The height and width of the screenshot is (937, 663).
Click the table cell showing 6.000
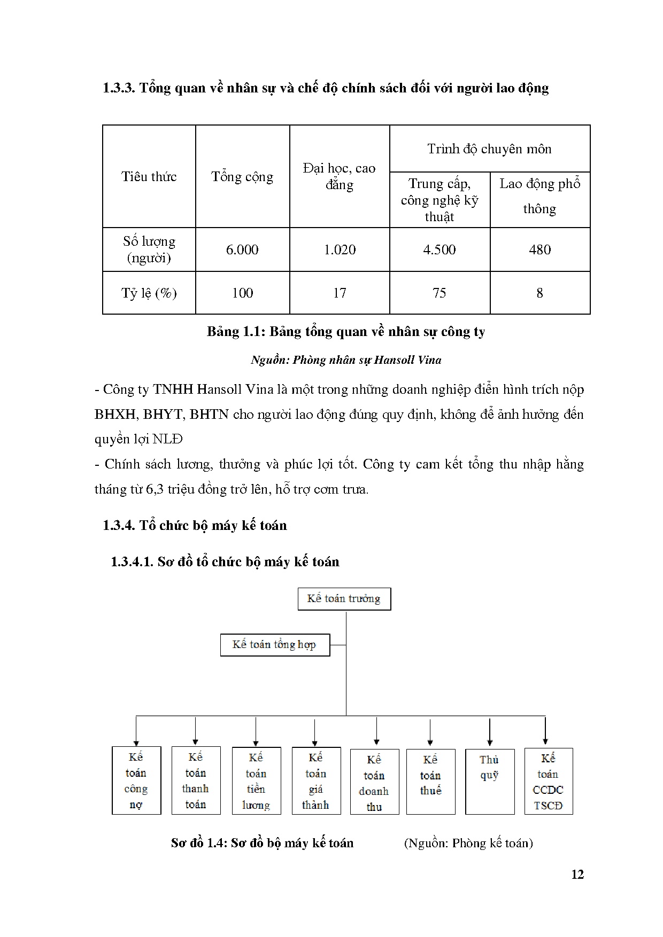pyautogui.click(x=242, y=249)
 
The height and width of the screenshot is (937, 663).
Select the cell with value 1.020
pyautogui.click(x=340, y=249)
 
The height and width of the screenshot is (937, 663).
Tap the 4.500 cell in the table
pyautogui.click(x=440, y=249)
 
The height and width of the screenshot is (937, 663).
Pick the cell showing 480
pyautogui.click(x=539, y=249)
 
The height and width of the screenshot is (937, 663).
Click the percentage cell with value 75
pyautogui.click(x=440, y=293)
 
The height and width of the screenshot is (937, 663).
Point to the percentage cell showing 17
pyautogui.click(x=340, y=293)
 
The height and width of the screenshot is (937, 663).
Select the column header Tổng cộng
pyautogui.click(x=242, y=177)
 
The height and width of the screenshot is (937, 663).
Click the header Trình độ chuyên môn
pyautogui.click(x=489, y=149)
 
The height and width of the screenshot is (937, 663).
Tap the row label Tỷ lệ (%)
pyautogui.click(x=149, y=293)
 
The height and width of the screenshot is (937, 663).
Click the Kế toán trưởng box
pyautogui.click(x=344, y=599)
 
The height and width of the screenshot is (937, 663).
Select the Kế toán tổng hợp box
pyautogui.click(x=275, y=645)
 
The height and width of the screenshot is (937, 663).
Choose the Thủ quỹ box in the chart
pyautogui.click(x=489, y=781)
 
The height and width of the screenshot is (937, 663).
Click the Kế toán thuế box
pyautogui.click(x=430, y=781)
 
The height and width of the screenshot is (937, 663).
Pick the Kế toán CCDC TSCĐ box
pyautogui.click(x=548, y=781)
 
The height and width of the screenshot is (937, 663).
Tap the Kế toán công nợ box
pyautogui.click(x=136, y=780)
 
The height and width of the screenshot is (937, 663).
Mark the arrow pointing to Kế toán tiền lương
pyautogui.click(x=256, y=732)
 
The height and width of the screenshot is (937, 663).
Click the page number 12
pyautogui.click(x=577, y=874)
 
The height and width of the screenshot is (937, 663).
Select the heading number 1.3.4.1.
pyautogui.click(x=132, y=561)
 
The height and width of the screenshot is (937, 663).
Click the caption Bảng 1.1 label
pyautogui.click(x=236, y=332)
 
